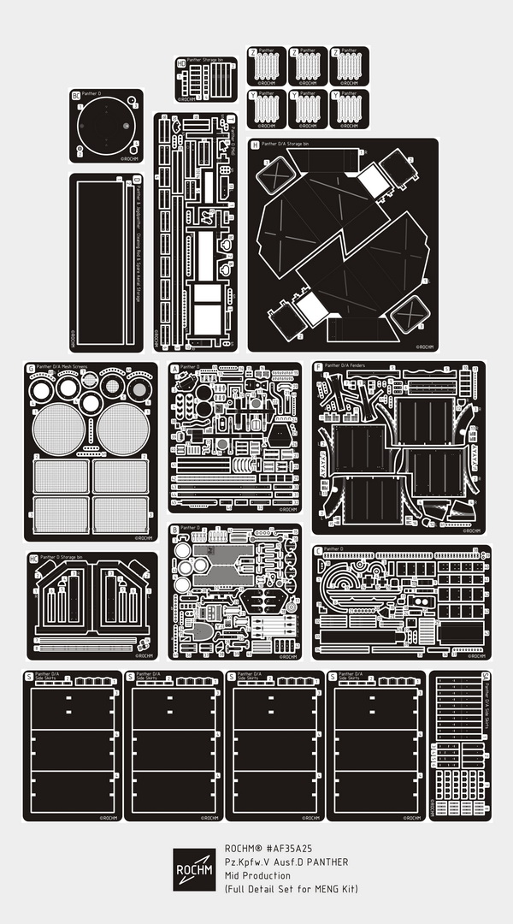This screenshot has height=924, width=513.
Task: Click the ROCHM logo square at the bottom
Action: tap(194, 870)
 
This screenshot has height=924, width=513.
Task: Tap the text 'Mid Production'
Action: tap(257, 875)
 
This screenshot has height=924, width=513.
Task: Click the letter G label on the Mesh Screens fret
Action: tap(31, 369)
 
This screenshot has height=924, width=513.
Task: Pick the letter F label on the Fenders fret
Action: tap(319, 367)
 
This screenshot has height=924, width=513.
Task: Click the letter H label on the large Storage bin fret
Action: tap(255, 145)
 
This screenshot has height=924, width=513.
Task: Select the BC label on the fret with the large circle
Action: tap(75, 95)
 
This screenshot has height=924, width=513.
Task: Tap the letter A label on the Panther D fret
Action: tap(175, 369)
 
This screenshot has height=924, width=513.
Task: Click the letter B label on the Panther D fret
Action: tap(175, 530)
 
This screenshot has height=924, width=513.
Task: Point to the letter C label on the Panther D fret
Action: tap(318, 551)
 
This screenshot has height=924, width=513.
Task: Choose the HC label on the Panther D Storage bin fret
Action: tap(33, 558)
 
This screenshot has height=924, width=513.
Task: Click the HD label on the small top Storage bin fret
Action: tap(181, 63)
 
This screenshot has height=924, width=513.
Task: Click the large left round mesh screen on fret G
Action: tap(60, 429)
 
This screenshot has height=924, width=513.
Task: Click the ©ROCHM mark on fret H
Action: tap(426, 347)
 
